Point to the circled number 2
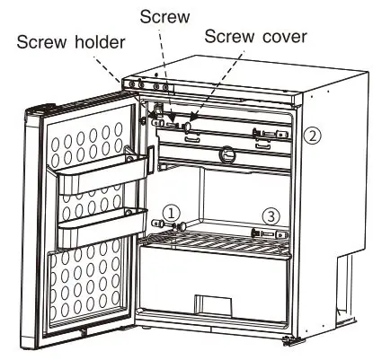310,137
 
